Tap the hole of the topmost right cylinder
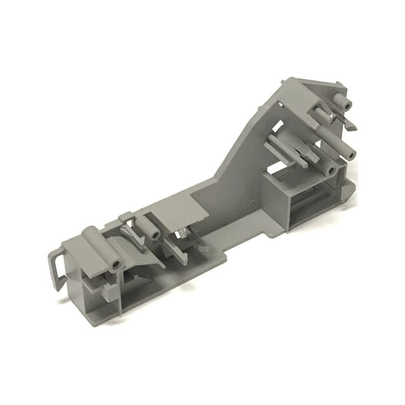[x=346, y=101]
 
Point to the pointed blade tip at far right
[x=354, y=128]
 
